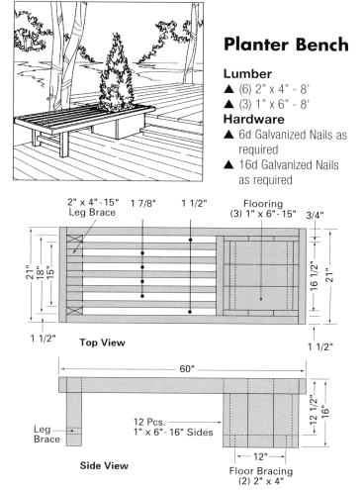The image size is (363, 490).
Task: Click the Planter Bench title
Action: click(x=286, y=45)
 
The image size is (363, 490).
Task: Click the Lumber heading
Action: click(x=247, y=74)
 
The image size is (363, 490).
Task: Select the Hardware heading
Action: click(x=254, y=119)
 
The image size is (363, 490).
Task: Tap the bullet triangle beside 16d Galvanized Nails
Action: click(x=228, y=164)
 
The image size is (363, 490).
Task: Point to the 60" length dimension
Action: click(x=187, y=368)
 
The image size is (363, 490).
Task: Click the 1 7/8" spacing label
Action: click(x=142, y=203)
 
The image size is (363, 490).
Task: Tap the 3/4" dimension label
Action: click(x=315, y=215)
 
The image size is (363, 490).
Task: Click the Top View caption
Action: click(x=102, y=343)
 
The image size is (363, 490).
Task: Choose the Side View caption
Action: click(x=104, y=465)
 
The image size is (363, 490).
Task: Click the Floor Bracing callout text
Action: click(x=261, y=476)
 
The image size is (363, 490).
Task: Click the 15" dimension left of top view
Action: click(x=51, y=273)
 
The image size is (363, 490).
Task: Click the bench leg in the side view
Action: click(x=74, y=419)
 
